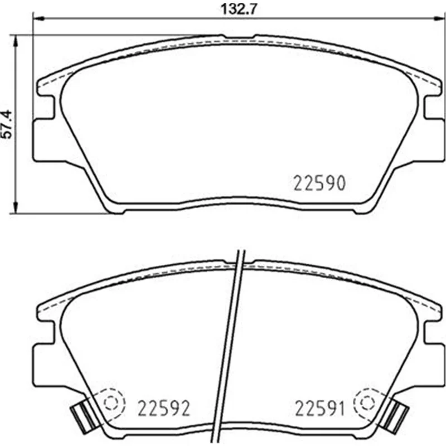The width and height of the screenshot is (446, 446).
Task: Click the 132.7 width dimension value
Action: pyautogui.click(x=239, y=9)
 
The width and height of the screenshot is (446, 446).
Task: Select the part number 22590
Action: pyautogui.click(x=319, y=183)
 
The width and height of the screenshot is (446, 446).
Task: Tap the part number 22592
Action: pyautogui.click(x=163, y=408)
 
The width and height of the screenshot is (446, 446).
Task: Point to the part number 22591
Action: pyautogui.click(x=319, y=408)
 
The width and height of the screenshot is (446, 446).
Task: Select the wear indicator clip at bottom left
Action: pyautogui.click(x=85, y=415)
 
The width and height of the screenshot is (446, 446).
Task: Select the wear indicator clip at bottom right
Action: pyautogui.click(x=394, y=415)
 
